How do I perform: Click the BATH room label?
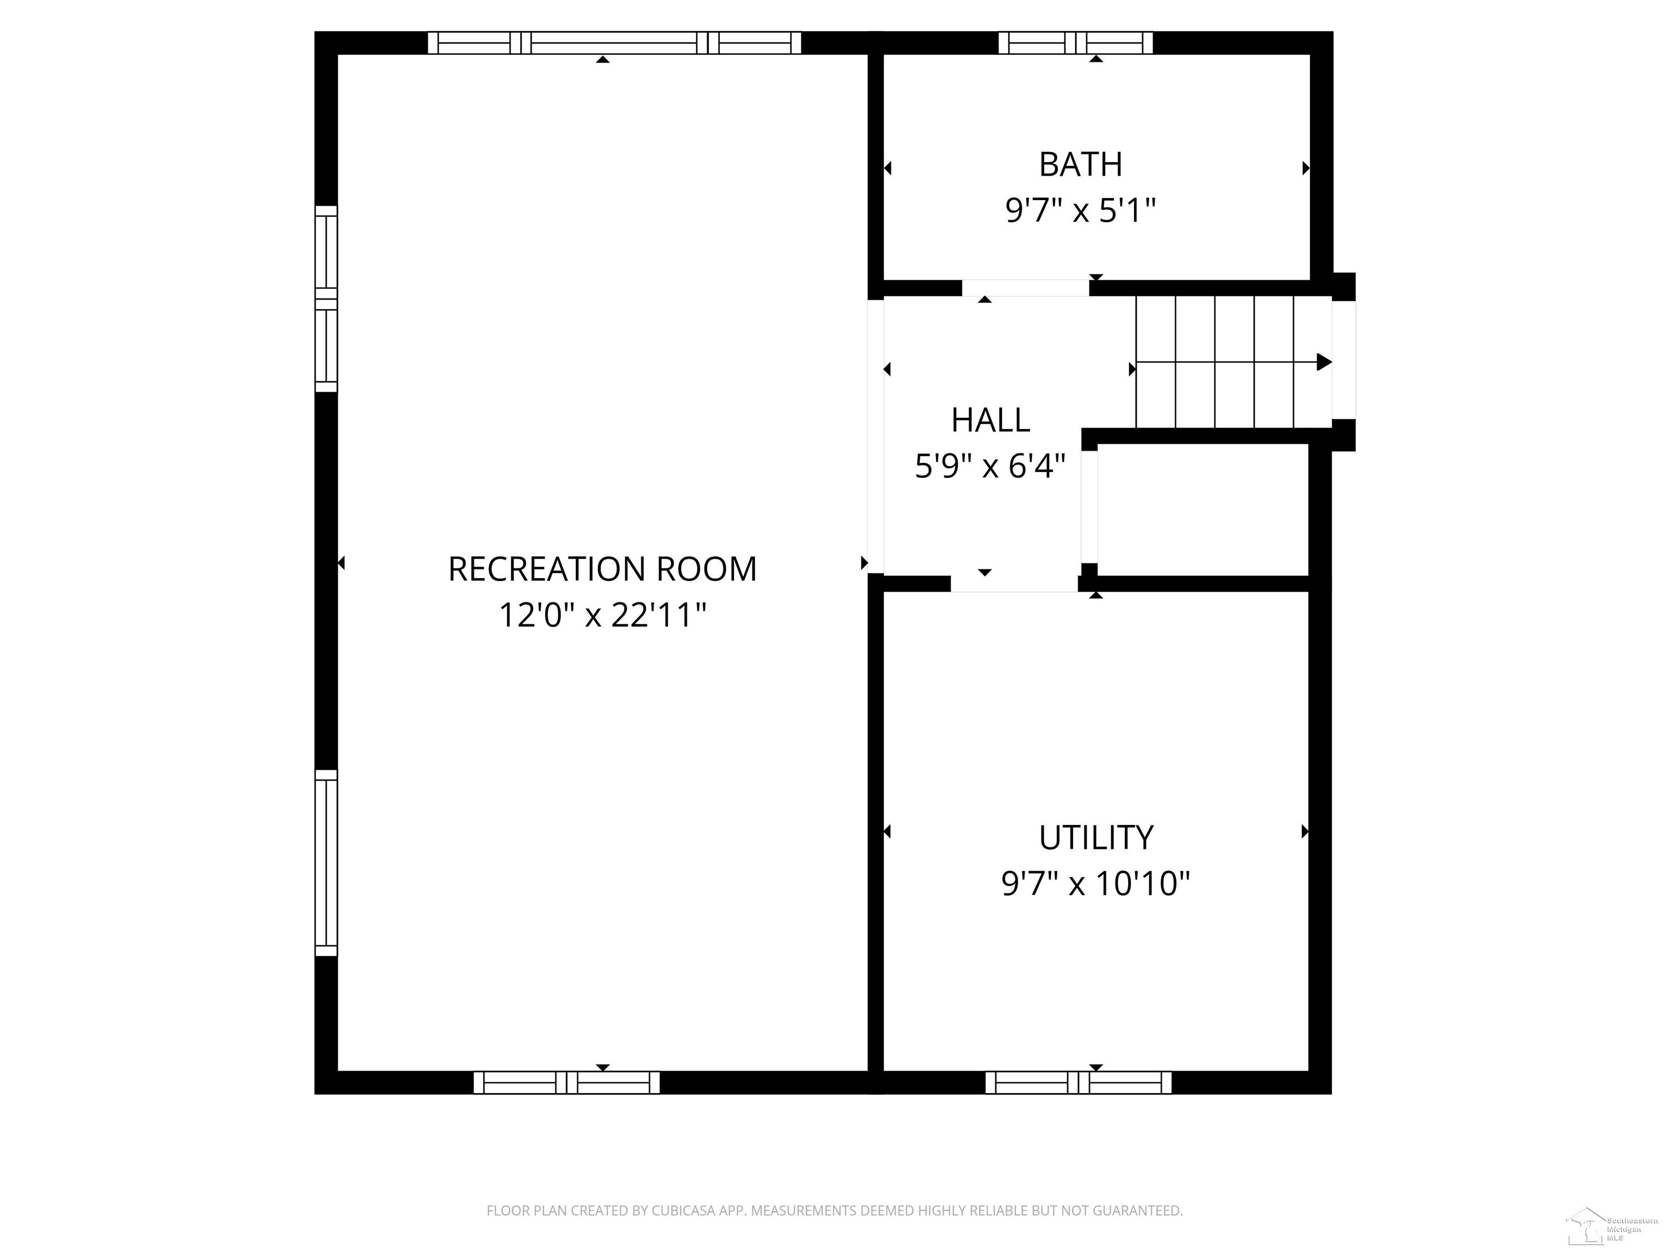[1080, 165]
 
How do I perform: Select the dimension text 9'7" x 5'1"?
[1080, 210]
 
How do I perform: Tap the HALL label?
[990, 421]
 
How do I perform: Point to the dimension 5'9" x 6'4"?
[990, 466]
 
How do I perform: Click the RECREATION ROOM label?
[602, 569]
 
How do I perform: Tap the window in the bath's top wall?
[1076, 43]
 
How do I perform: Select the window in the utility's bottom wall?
[1078, 1082]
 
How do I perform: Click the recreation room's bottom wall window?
[566, 1082]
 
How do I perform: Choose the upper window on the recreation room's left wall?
[326, 299]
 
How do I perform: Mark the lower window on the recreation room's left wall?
[326, 863]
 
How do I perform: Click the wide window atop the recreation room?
[614, 43]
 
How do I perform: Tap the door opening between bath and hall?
[1025, 288]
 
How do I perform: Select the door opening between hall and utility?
[1014, 583]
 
